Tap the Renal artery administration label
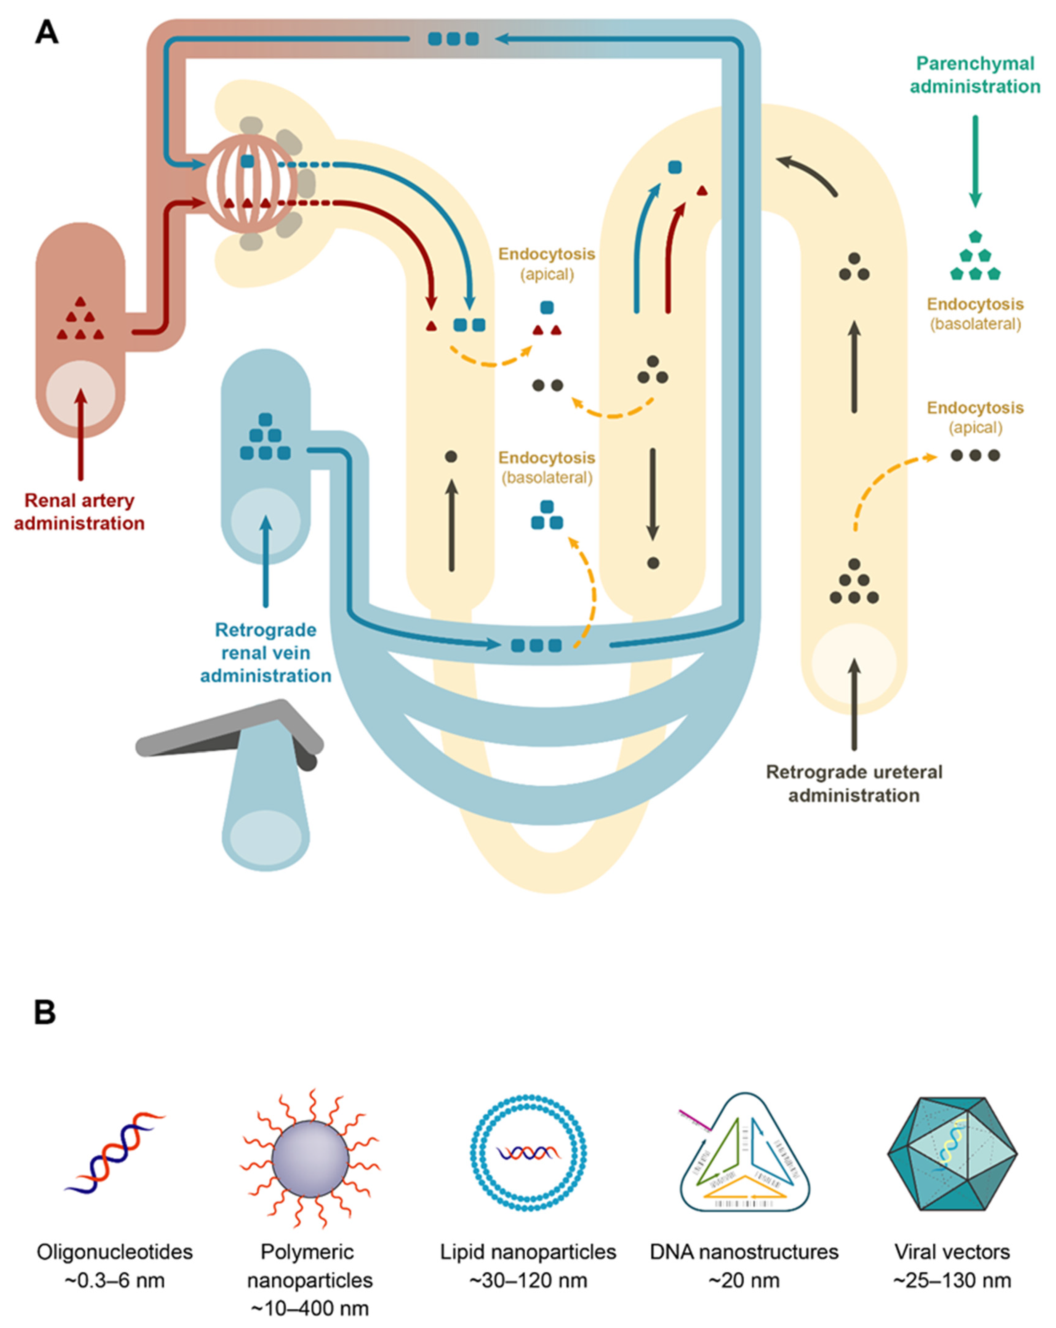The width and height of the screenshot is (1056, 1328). click(79, 512)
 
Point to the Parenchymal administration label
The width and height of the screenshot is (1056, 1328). click(975, 75)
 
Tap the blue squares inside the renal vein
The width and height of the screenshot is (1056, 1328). click(266, 437)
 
